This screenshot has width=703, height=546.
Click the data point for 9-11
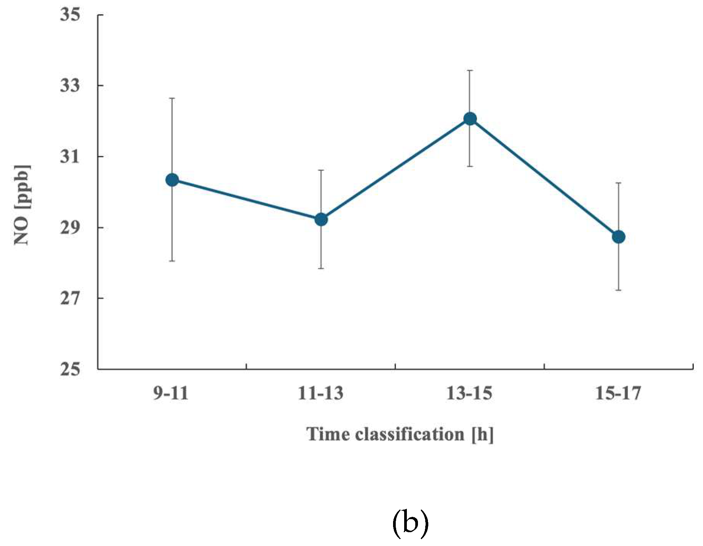[172, 179]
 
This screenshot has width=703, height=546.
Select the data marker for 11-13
[321, 220]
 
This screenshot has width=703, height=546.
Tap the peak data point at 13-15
[470, 119]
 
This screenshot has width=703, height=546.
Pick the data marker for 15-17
[618, 237]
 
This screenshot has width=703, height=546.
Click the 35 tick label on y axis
[70, 15]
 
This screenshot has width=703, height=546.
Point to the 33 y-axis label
[70, 85]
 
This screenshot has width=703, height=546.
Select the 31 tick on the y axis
[70, 156]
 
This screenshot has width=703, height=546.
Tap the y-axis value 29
[70, 227]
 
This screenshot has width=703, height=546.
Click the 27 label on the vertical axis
[70, 298]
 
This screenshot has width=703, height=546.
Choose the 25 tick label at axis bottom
[70, 369]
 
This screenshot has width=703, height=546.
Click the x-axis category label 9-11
[171, 393]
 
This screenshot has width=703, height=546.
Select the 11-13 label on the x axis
[320, 393]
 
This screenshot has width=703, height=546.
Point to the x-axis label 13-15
[469, 393]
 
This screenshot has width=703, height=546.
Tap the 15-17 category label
[618, 393]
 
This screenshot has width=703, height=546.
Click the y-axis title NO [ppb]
[22, 205]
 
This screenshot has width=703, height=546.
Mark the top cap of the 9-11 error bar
[172, 98]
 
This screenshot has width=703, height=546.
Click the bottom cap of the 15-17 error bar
[618, 290]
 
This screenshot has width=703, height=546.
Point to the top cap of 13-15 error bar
[470, 71]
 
